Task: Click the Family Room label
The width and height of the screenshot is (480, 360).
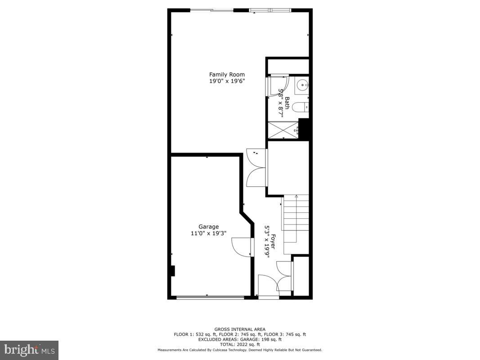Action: pos(227,74)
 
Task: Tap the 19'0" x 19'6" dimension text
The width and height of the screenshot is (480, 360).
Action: pos(227,81)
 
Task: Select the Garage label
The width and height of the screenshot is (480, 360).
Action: pos(209,227)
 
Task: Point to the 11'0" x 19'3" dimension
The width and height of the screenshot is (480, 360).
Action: pos(209,234)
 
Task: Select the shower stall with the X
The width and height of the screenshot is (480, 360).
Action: pos(283,130)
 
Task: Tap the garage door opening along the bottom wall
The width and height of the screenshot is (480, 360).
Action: pos(210,297)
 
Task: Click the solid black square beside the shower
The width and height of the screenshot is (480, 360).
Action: pos(305,129)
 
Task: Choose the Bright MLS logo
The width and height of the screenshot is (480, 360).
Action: pos(29,350)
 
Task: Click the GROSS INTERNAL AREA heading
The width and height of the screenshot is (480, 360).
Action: pos(239,329)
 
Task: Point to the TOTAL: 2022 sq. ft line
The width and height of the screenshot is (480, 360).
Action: pos(239,344)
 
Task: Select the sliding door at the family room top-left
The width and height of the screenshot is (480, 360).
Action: pos(212,10)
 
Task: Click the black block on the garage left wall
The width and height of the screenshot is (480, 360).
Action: pos(172,271)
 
